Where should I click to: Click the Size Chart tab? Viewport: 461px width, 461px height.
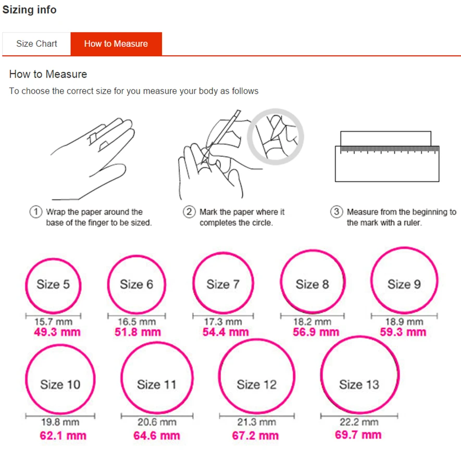(x=36, y=44)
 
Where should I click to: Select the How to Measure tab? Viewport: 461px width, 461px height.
(x=116, y=44)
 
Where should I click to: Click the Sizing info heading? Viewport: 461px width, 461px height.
(x=29, y=10)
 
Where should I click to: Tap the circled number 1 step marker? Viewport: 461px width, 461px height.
(x=36, y=212)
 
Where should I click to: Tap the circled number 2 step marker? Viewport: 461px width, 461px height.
(x=189, y=212)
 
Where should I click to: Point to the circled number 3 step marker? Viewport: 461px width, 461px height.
(x=337, y=212)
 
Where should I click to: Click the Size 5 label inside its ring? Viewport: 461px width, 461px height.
(x=53, y=284)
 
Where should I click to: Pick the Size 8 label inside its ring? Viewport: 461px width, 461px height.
(x=312, y=284)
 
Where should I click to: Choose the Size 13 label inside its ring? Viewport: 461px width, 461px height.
(x=359, y=384)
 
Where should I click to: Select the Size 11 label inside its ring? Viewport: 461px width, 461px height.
(x=157, y=384)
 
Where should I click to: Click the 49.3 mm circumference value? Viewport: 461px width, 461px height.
(x=57, y=332)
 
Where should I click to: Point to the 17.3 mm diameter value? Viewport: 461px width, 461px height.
(x=223, y=321)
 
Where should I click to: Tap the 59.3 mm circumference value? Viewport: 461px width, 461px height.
(x=403, y=332)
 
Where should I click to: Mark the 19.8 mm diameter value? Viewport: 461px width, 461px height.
(x=60, y=422)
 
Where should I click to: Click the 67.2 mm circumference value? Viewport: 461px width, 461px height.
(x=255, y=435)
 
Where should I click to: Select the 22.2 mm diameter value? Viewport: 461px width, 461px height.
(x=359, y=422)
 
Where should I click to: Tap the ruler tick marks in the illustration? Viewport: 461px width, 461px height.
(x=390, y=149)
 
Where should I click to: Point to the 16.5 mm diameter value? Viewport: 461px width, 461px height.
(x=136, y=321)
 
